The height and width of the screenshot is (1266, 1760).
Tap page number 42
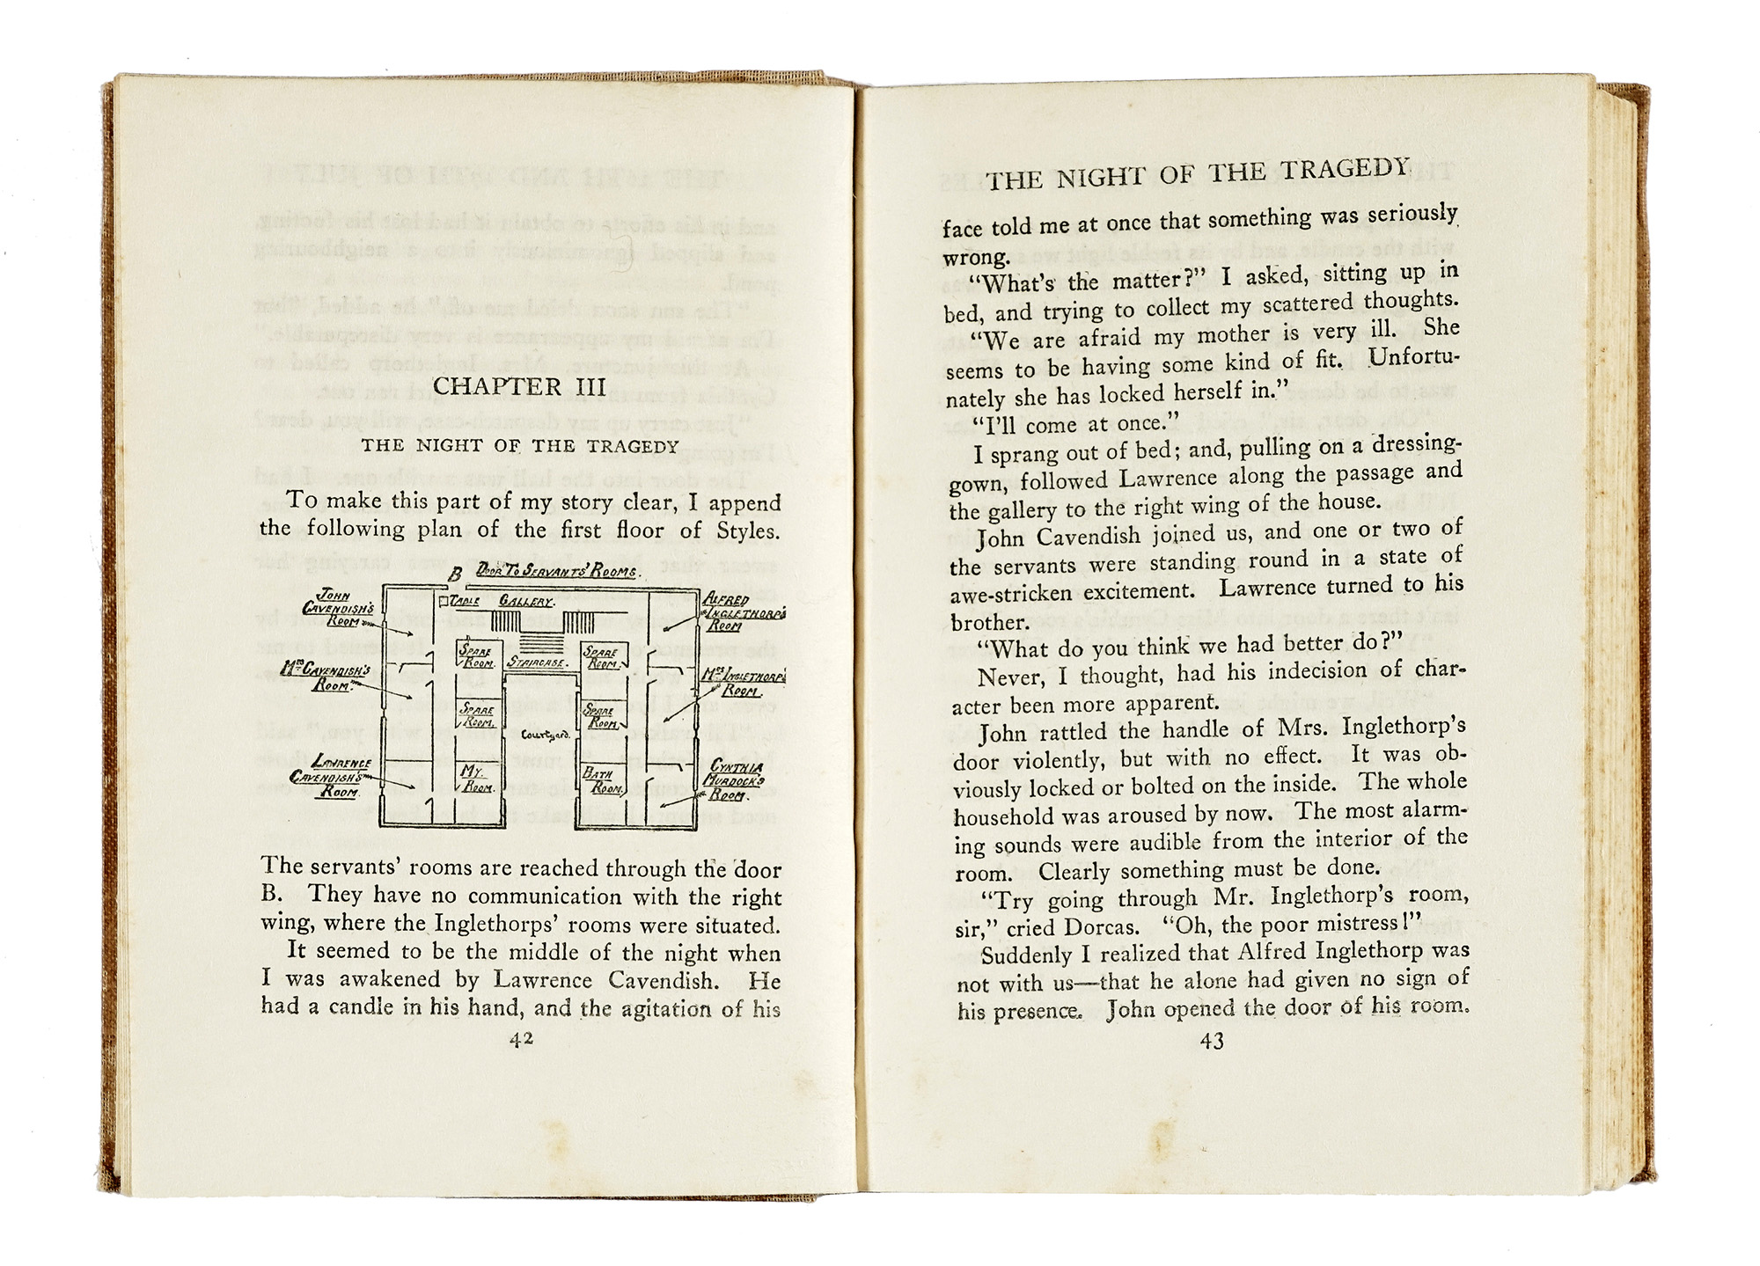522,1038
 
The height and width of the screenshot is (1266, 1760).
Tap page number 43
1212,1042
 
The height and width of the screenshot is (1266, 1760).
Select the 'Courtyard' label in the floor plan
546,735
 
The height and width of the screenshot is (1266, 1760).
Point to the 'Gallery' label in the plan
526,602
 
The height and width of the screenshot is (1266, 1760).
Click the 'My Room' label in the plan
476,779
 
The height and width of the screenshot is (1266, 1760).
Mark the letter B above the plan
456,576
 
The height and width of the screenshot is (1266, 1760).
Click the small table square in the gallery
444,600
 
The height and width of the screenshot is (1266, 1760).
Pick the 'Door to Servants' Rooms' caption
556,572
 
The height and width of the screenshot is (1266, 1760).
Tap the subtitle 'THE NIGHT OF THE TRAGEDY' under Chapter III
521,446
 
